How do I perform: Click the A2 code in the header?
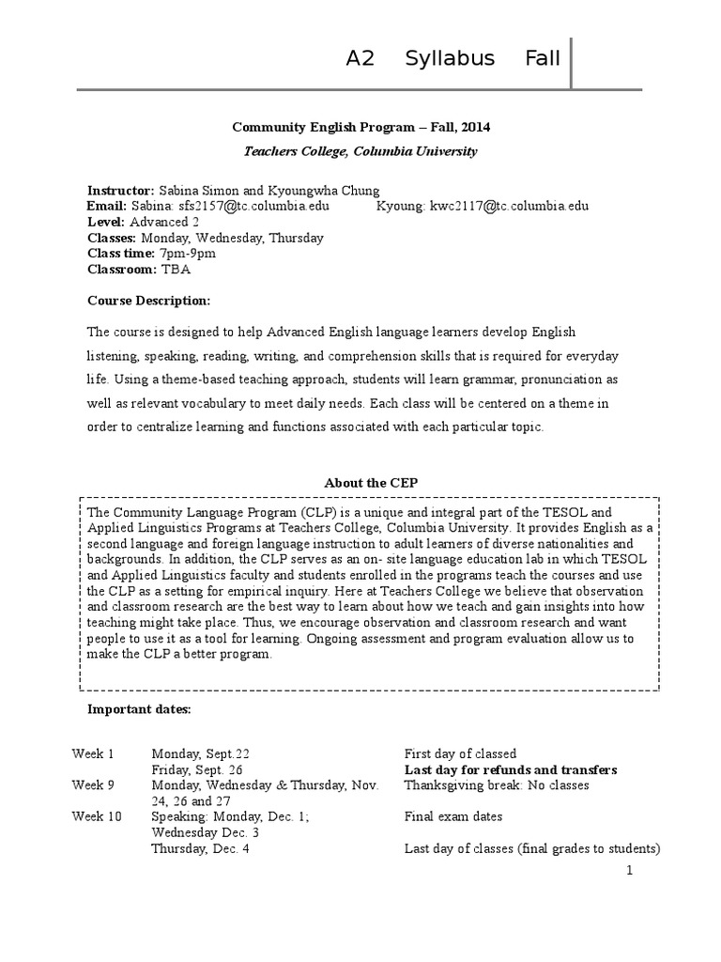coord(360,58)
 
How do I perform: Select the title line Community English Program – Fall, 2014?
coord(360,127)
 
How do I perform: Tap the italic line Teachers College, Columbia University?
coord(360,150)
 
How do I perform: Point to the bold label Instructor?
coord(121,190)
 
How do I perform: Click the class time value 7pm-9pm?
coord(187,254)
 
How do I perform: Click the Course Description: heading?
coord(148,301)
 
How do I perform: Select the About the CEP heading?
coord(371,483)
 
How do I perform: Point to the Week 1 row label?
coord(93,753)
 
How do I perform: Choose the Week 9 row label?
coord(93,785)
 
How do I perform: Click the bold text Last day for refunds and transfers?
coord(511,769)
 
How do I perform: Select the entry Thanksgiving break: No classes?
coord(497,785)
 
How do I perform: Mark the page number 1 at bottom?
coord(631,871)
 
